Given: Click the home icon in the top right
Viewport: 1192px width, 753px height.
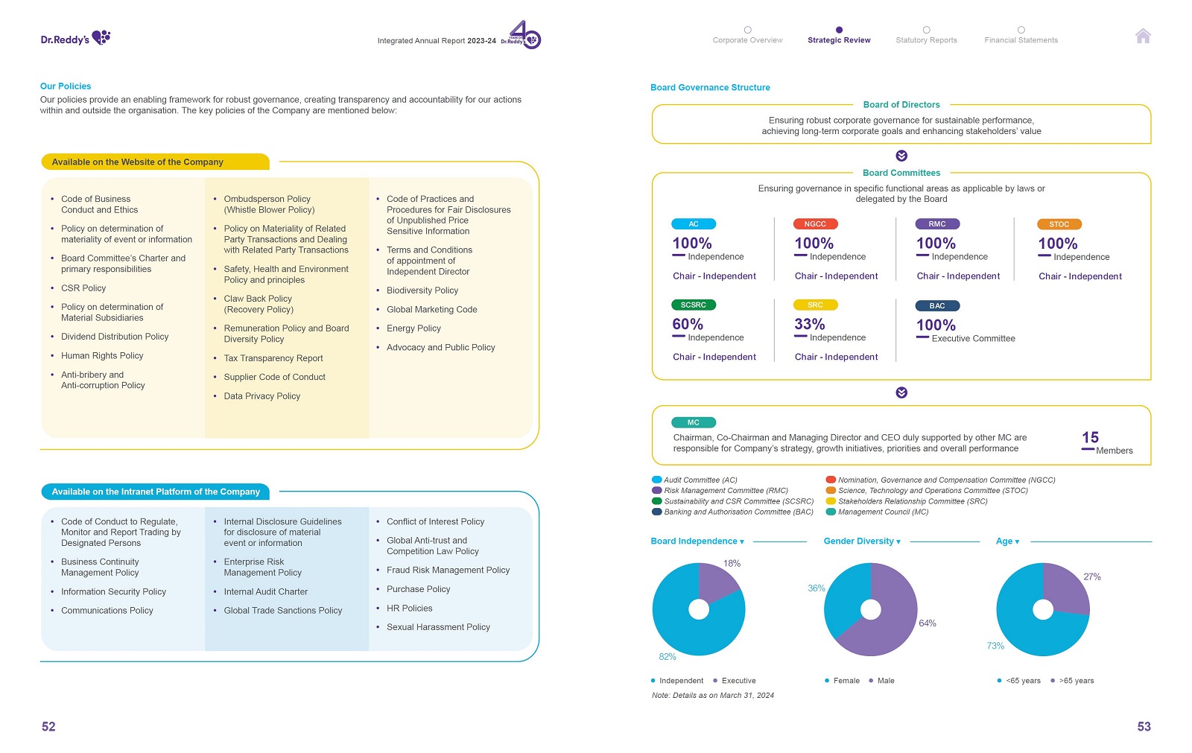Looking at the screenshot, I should point(1143,36).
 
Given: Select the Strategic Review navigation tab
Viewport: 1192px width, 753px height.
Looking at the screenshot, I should point(839,40).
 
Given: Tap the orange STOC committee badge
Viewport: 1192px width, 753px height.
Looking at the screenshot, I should point(1059,224).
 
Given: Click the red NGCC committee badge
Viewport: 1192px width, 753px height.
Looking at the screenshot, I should point(815,224).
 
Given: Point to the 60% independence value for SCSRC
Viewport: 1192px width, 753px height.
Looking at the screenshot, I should point(687,325).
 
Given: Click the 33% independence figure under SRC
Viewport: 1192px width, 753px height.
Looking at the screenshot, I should point(809,325).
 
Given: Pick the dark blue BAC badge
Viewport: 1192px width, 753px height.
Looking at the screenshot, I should point(937,306).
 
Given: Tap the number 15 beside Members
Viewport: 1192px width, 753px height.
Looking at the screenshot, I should point(1090,438).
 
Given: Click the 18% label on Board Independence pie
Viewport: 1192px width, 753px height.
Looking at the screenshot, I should point(732,564).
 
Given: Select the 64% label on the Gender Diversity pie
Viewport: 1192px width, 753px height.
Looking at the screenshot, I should point(927,623).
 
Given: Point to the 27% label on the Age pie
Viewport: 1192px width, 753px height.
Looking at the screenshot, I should point(1091,577).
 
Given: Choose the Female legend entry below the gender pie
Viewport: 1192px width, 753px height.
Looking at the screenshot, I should point(846,681).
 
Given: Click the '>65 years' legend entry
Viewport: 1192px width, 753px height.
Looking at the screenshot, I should point(1076,681).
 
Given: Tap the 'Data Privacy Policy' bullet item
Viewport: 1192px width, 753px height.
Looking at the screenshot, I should point(261,396).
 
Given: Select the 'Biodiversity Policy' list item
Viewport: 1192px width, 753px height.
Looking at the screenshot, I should point(422,290).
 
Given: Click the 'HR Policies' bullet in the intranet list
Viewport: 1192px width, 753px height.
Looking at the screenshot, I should point(409,609).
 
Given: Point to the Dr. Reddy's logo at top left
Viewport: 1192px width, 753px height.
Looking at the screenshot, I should point(75,38).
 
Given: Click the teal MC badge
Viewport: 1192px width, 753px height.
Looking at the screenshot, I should point(693,423).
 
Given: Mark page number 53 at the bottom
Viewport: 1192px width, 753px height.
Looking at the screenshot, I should point(1144,727).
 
